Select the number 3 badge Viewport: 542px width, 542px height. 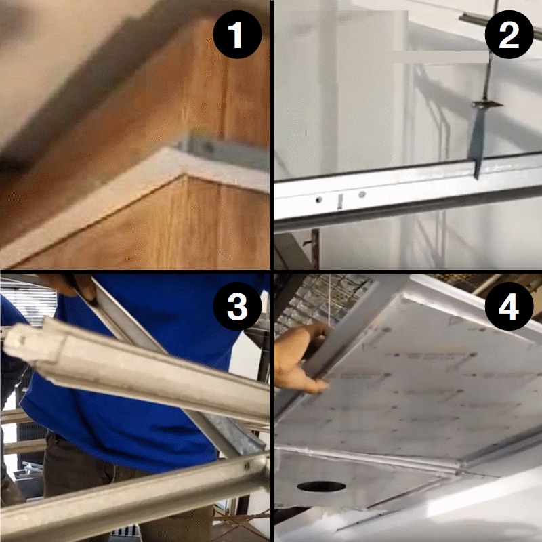click(x=236, y=307)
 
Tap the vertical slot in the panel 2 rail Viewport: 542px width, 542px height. click(x=338, y=200)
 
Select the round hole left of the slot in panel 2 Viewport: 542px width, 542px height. click(x=317, y=201)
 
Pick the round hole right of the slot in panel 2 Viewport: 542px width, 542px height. click(x=362, y=194)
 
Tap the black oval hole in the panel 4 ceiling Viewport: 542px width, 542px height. click(x=320, y=486)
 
